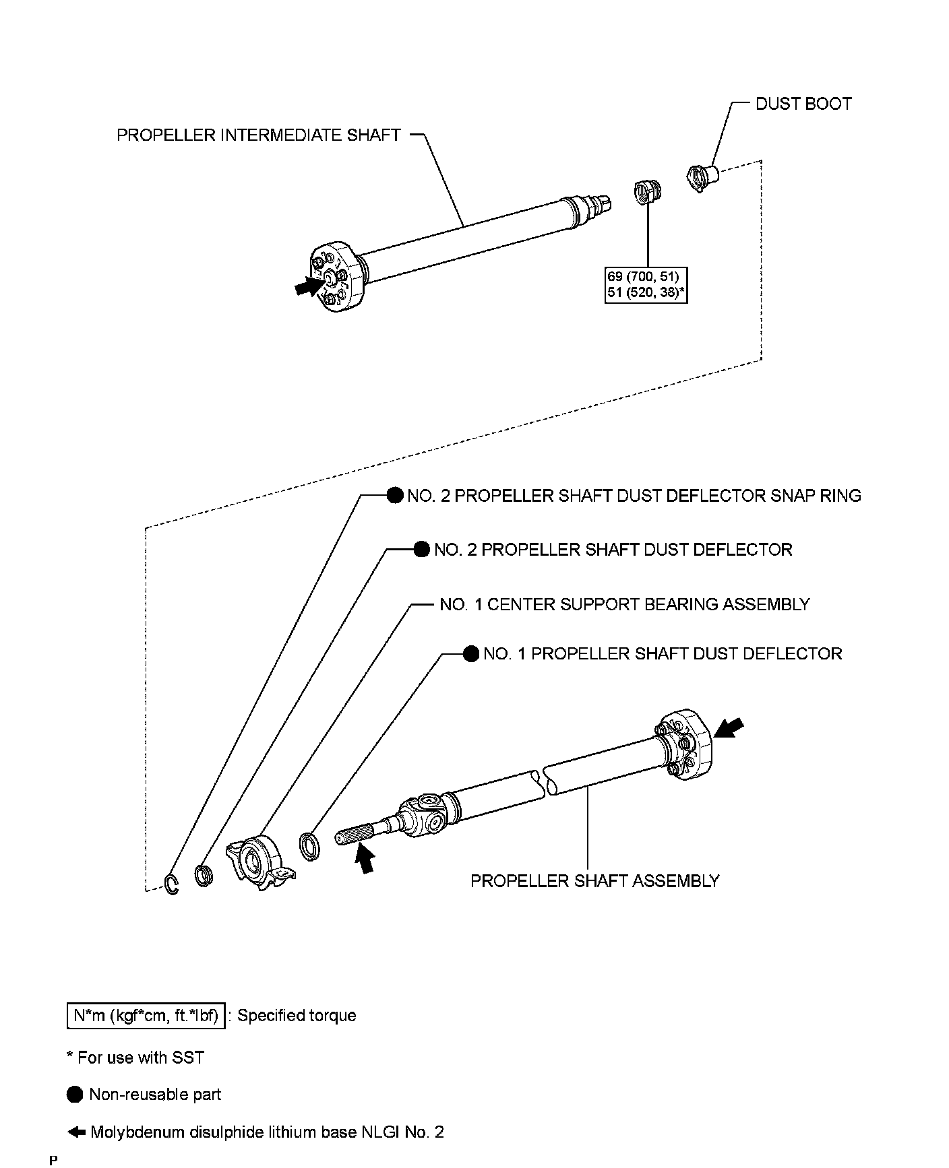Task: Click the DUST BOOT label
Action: [803, 104]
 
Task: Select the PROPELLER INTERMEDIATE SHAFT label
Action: [259, 135]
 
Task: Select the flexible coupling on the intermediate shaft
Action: [337, 278]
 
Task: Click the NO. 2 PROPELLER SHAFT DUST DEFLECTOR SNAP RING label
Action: [634, 496]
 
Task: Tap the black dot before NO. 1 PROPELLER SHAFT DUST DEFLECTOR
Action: [471, 653]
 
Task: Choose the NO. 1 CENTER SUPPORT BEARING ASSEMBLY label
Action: [624, 604]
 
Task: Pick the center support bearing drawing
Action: [259, 862]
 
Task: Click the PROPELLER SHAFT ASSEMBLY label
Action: [594, 881]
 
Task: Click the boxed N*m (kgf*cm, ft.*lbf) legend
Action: [146, 1015]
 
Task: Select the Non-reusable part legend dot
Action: [75, 1095]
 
